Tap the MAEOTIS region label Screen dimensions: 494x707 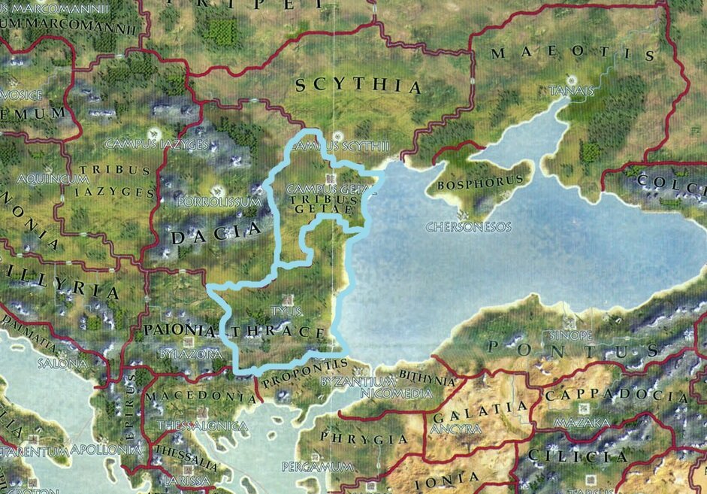click(573, 54)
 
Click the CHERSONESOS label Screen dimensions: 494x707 click(468, 226)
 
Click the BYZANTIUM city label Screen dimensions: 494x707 click(357, 382)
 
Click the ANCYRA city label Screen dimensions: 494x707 click(456, 429)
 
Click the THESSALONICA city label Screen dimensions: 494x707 click(202, 426)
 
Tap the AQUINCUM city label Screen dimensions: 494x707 click(48, 179)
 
